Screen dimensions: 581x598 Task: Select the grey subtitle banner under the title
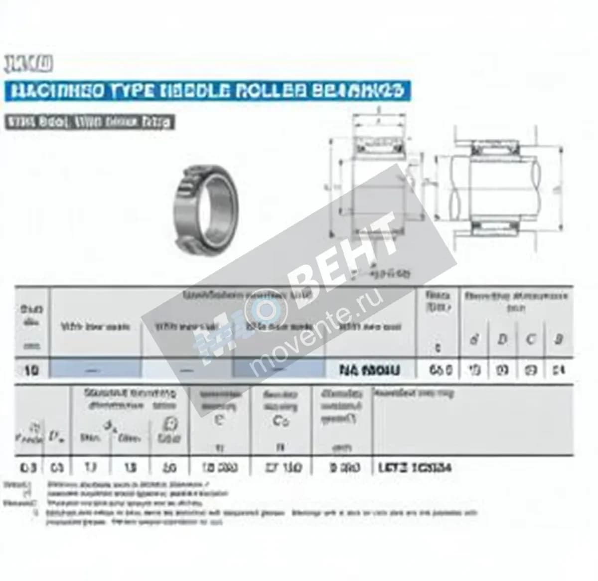coord(90,122)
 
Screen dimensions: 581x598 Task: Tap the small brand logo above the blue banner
coord(28,64)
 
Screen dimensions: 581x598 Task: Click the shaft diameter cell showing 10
coord(31,370)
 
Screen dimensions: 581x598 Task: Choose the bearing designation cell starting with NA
coord(369,370)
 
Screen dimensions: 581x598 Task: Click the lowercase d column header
coord(474,340)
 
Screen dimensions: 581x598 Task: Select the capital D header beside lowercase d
coord(502,340)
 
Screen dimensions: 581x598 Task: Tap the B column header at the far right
coord(559,340)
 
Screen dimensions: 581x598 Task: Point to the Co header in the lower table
coord(281,421)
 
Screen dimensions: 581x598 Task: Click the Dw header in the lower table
coord(55,437)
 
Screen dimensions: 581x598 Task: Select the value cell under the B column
coord(559,370)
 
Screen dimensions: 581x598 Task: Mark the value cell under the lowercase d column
coord(474,370)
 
